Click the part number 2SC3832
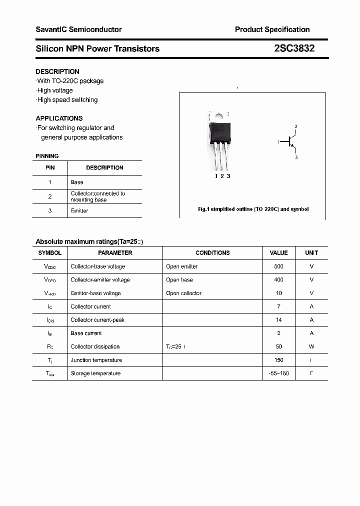pyautogui.click(x=294, y=48)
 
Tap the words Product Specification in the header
pyautogui.click(x=272, y=29)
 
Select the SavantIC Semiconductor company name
pyautogui.click(x=78, y=29)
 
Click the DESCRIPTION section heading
pyautogui.click(x=57, y=71)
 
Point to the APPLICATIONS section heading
pyautogui.click(x=59, y=118)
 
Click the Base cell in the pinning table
pyautogui.click(x=77, y=182)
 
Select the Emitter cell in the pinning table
pyautogui.click(x=79, y=211)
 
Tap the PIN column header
pyautogui.click(x=50, y=168)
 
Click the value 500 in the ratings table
pyautogui.click(x=278, y=266)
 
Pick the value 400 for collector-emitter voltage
pyautogui.click(x=278, y=280)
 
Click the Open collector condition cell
pyautogui.click(x=183, y=293)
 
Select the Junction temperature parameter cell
pyautogui.click(x=96, y=360)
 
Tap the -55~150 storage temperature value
pyautogui.click(x=278, y=373)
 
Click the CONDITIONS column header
pyautogui.click(x=212, y=253)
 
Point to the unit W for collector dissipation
pyautogui.click(x=311, y=346)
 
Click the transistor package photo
pyautogui.click(x=219, y=140)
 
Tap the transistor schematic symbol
pyautogui.click(x=290, y=142)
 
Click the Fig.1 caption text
pyautogui.click(x=253, y=209)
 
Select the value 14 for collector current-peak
pyautogui.click(x=278, y=320)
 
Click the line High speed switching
pyautogui.click(x=67, y=100)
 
